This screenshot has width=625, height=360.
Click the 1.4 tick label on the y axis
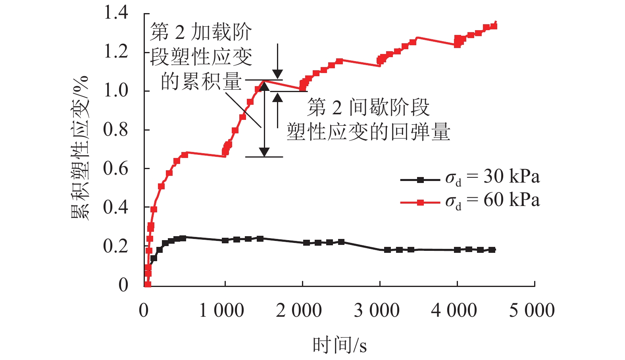point(116,13)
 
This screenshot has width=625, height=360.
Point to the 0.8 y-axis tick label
point(116,129)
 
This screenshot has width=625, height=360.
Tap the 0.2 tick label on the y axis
point(116,246)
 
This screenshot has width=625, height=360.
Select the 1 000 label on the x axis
point(221,310)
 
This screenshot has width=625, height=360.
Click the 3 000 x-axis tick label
point(377,310)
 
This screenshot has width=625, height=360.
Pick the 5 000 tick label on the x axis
point(532,310)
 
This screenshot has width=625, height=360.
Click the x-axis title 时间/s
point(340,345)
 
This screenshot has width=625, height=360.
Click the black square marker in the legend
point(420,180)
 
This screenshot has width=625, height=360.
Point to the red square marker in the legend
point(420,203)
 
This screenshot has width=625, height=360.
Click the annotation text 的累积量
point(201,82)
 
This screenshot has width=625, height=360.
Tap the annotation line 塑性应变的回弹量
point(368,132)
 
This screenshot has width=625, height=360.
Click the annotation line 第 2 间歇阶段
point(368,107)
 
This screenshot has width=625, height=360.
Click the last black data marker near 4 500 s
point(492,250)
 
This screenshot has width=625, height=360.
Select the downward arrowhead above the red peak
point(278,74)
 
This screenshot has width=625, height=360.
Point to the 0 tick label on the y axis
point(123,285)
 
